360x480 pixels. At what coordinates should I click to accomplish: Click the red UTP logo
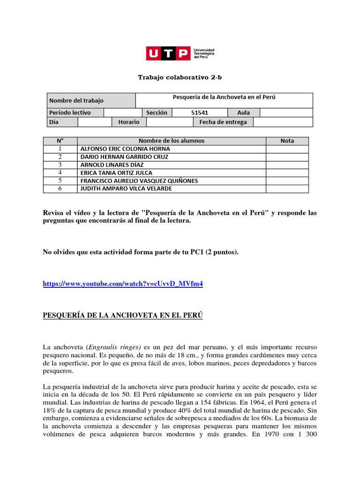click(x=168, y=54)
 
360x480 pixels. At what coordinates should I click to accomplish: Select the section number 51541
click(x=200, y=112)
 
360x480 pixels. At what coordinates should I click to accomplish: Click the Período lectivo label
click(x=70, y=112)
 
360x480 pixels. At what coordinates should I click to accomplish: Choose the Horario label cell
click(x=128, y=122)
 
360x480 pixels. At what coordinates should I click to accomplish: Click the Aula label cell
click(x=243, y=112)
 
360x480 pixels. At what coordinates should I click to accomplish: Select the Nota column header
click(x=287, y=141)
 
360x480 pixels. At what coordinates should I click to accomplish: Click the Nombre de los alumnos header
click(x=171, y=141)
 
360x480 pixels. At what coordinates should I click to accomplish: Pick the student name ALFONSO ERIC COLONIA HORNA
click(x=126, y=149)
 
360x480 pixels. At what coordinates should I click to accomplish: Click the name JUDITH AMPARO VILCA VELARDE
click(x=126, y=188)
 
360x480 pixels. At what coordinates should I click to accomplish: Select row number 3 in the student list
click(x=60, y=165)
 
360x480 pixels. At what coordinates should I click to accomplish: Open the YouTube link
click(x=123, y=284)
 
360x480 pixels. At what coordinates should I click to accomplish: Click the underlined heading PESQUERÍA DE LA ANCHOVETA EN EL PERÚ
click(x=123, y=315)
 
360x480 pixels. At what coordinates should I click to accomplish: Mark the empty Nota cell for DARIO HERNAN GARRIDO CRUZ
click(x=287, y=157)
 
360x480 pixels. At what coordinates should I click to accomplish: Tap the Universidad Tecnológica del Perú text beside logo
click(x=204, y=54)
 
